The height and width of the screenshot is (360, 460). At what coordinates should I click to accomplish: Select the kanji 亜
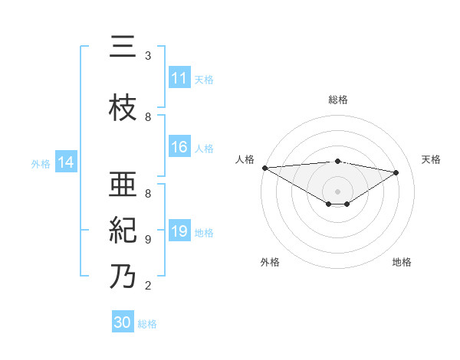(x=123, y=185)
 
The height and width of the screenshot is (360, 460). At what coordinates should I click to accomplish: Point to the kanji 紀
(x=123, y=231)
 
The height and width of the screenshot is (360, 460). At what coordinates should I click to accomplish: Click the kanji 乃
(x=123, y=277)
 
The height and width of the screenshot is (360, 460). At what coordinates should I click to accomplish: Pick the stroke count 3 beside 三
(x=148, y=56)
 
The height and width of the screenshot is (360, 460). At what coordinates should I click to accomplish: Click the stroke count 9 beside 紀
(x=148, y=240)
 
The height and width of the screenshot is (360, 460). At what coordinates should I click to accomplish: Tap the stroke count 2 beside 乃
(x=148, y=286)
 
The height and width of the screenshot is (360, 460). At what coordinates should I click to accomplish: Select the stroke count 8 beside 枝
(x=148, y=117)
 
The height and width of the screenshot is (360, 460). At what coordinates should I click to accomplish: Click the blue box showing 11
(x=179, y=78)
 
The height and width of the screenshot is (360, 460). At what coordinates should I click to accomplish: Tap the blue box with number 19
(x=179, y=231)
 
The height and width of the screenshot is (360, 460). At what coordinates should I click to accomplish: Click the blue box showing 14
(x=66, y=162)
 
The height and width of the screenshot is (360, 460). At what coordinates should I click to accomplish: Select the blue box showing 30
(x=123, y=322)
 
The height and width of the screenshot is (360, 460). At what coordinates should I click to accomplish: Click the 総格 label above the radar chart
(x=337, y=100)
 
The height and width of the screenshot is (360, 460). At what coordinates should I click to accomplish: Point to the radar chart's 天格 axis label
(x=432, y=159)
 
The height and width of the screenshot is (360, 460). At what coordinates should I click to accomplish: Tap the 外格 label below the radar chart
(x=270, y=262)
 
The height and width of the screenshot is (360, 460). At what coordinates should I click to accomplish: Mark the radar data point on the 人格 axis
(x=264, y=167)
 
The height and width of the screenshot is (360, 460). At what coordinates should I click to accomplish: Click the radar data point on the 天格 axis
(x=396, y=172)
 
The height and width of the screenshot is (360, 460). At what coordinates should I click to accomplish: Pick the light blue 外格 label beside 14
(x=40, y=163)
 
